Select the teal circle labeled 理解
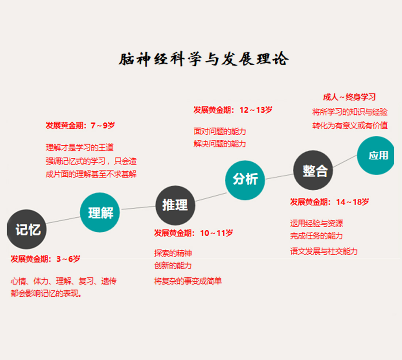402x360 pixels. pyautogui.click(x=100, y=213)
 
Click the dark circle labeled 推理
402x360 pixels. pyautogui.click(x=175, y=205)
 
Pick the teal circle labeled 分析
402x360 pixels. pyautogui.click(x=245, y=180)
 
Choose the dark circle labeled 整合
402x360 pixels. pyautogui.click(x=313, y=170)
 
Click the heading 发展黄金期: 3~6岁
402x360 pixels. pyautogui.click(x=45, y=259)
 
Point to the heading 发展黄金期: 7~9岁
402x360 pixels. pyautogui.click(x=80, y=126)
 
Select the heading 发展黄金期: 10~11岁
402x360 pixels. pyautogui.click(x=193, y=233)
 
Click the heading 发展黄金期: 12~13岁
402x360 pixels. pyautogui.click(x=233, y=110)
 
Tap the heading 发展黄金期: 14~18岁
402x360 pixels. pyautogui.click(x=330, y=202)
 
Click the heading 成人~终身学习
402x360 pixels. pyautogui.click(x=349, y=97)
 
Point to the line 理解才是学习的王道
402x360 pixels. pyautogui.click(x=80, y=148)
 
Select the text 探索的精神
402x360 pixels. pyautogui.click(x=173, y=253)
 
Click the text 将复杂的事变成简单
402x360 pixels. pyautogui.click(x=188, y=281)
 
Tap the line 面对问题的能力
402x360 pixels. pyautogui.click(x=220, y=131)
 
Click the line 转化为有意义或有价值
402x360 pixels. pyautogui.click(x=350, y=125)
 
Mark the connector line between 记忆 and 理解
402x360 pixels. pyautogui.click(x=63, y=220)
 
